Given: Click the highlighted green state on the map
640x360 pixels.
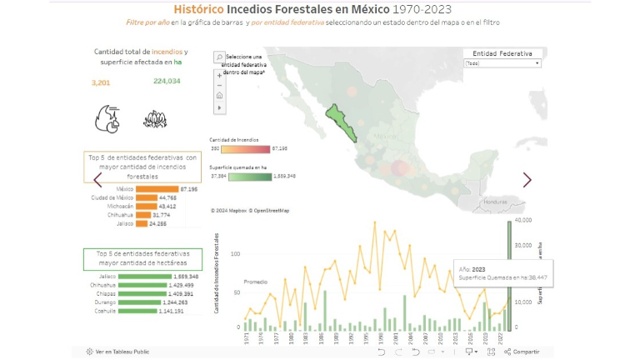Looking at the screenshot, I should click(341, 123).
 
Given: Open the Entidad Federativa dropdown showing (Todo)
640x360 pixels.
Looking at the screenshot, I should click(503, 63).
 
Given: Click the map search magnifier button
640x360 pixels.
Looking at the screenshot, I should click(219, 57).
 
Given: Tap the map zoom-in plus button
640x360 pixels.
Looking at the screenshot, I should click(219, 75).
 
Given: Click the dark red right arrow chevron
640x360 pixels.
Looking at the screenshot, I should click(527, 179).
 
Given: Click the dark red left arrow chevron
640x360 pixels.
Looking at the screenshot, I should click(97, 179).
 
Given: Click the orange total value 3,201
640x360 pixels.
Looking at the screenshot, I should click(101, 82).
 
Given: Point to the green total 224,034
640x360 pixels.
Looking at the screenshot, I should click(167, 81).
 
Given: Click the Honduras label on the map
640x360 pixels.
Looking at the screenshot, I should click(496, 202).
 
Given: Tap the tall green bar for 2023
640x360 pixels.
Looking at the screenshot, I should click(509, 275).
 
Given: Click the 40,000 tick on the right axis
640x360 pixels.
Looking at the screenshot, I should click(523, 220).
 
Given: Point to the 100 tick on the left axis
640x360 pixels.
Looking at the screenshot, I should click(235, 253).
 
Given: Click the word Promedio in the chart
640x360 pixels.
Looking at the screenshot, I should click(256, 282).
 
